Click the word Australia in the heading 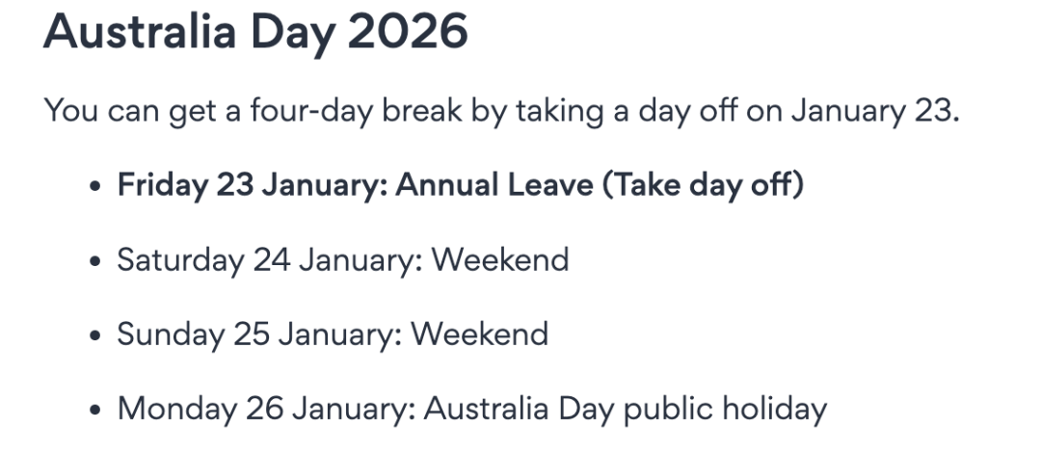(x=140, y=31)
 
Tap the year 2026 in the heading (x=408, y=31)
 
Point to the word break (x=421, y=110)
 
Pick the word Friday (x=163, y=185)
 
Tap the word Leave (x=550, y=185)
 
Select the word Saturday (x=180, y=259)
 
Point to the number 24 (x=272, y=259)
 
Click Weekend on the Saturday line (x=500, y=259)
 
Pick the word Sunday (x=171, y=335)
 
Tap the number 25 (x=252, y=335)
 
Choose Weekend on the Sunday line (x=480, y=335)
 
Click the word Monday (x=176, y=409)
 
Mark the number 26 (x=264, y=409)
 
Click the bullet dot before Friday (x=95, y=186)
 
